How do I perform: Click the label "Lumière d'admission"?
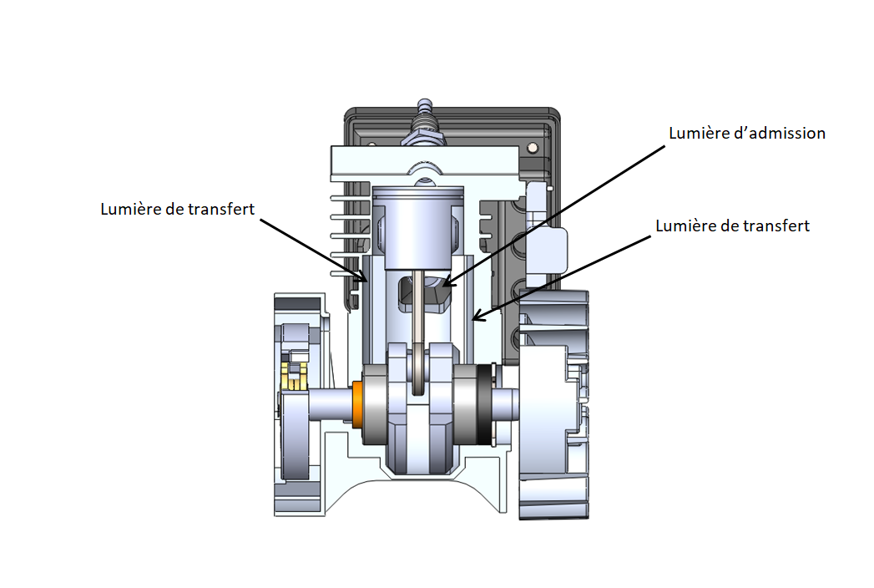click(x=747, y=134)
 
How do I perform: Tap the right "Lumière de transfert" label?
click(x=732, y=226)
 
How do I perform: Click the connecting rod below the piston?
click(x=422, y=309)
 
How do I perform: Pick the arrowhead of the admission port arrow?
click(x=444, y=285)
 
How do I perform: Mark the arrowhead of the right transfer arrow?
click(x=474, y=318)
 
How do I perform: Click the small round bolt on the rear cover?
click(x=533, y=148)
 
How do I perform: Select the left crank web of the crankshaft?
click(x=399, y=409)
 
